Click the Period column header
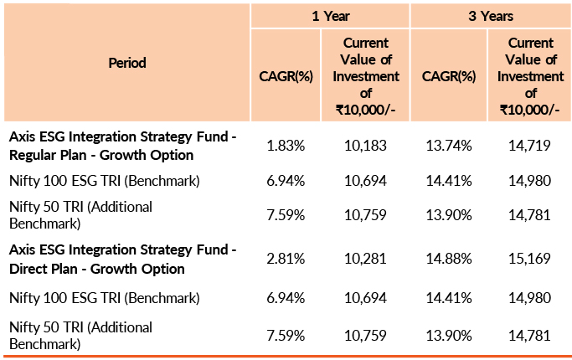click(x=126, y=63)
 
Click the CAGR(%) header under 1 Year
click(x=286, y=75)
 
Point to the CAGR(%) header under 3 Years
click(x=449, y=75)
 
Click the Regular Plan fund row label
click(x=122, y=146)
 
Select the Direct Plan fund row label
click(x=122, y=260)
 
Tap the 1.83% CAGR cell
click(x=286, y=146)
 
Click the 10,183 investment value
click(x=366, y=146)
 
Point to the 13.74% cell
click(x=449, y=146)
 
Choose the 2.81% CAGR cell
click(x=286, y=260)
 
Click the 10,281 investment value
click(x=366, y=260)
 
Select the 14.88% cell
click(x=449, y=260)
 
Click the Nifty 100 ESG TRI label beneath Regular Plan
click(x=104, y=181)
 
